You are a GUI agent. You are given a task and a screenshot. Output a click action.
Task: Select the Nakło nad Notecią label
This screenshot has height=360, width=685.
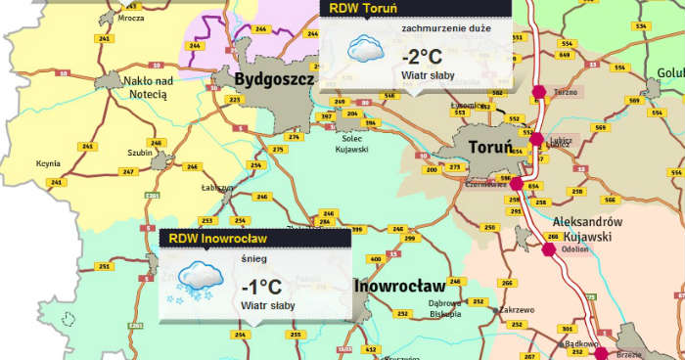[149, 87]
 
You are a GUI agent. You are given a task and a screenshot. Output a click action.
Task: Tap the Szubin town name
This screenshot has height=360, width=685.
[139, 153]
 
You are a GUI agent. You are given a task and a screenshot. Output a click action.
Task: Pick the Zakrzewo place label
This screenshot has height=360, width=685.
[516, 310]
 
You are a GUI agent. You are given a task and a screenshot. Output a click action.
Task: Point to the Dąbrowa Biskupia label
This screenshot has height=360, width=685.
[450, 309]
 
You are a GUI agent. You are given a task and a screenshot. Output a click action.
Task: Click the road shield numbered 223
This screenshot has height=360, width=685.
[235, 100]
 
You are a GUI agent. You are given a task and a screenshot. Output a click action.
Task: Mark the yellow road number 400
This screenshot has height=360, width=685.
[376, 259]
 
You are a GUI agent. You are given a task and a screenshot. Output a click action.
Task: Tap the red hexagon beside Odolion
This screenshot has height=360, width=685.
[549, 248]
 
